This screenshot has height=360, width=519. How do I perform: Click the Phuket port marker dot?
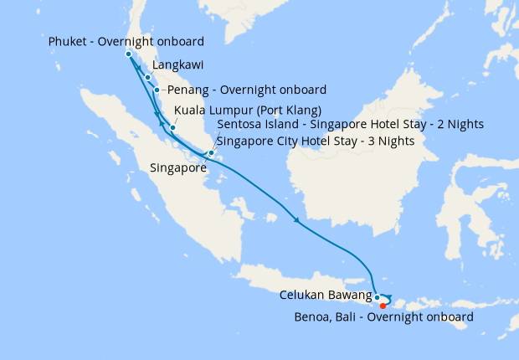pos(128,54)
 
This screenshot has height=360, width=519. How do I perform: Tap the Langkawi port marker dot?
pos(148,78)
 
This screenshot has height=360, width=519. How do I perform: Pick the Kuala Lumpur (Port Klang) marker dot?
pos(172,128)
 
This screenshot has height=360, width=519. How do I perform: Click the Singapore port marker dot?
pos(211,153)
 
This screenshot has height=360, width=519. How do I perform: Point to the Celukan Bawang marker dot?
pos(378,297)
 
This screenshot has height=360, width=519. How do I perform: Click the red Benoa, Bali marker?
pos(383,305)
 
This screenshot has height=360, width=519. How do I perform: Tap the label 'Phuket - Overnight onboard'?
pos(126,41)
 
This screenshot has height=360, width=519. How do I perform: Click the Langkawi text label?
pos(177,64)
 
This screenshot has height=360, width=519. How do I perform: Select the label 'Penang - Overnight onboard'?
pos(247,90)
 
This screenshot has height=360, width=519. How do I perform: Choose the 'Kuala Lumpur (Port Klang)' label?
pos(248,110)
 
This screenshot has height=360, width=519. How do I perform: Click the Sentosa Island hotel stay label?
pos(349,125)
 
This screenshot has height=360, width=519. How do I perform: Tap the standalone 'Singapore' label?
pos(178,168)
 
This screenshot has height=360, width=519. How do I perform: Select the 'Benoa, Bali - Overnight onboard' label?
pos(384,317)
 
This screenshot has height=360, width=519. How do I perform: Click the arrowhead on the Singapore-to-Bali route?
pos(297,221)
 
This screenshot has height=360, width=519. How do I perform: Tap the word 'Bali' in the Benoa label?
pos(346,317)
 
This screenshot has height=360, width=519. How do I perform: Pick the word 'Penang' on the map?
pos(188,90)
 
